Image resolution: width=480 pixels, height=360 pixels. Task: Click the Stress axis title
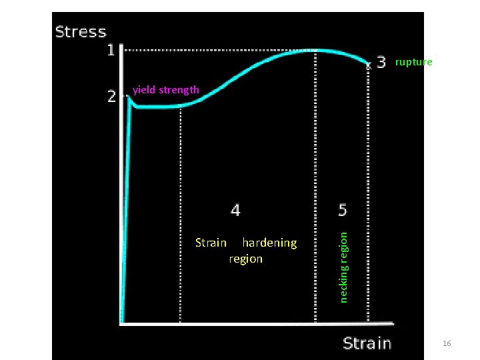tap(81, 31)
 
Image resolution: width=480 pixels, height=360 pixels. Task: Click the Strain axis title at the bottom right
tap(367, 343)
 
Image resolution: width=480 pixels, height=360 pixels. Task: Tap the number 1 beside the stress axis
tap(112, 50)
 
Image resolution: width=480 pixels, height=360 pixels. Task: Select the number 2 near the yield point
tap(112, 97)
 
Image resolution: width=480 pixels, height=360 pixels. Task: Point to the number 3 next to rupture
tap(381, 62)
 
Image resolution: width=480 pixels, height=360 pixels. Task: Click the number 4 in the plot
tap(235, 210)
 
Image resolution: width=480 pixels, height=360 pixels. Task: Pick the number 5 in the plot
tap(343, 210)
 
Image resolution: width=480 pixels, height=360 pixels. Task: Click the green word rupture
tap(413, 62)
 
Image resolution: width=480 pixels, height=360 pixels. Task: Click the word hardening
tap(269, 243)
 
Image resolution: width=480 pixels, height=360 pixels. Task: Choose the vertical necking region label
tap(343, 266)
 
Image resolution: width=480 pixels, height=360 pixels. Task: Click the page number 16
tap(447, 343)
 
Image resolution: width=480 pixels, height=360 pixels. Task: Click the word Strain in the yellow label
tap(211, 243)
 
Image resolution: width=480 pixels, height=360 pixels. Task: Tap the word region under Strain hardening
tap(245, 259)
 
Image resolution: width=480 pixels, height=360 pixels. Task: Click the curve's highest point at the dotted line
tap(315, 50)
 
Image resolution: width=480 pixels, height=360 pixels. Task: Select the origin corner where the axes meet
tap(121, 323)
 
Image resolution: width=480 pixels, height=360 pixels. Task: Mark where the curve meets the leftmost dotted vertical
tap(181, 107)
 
